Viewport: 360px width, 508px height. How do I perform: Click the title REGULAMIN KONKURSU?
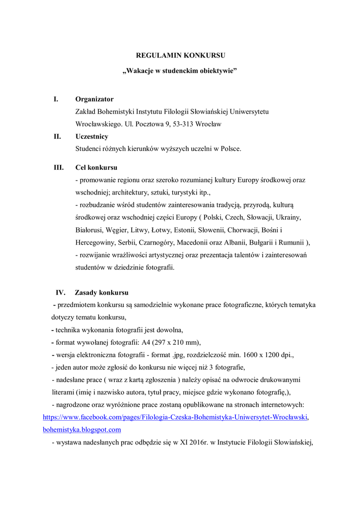pyautogui.click(x=180, y=56)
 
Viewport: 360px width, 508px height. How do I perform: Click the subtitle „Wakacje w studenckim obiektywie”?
pyautogui.click(x=180, y=71)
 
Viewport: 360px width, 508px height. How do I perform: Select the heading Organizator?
pyautogui.click(x=94, y=99)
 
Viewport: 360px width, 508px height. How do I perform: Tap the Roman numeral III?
pyautogui.click(x=59, y=167)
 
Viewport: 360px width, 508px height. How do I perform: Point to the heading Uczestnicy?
pyautogui.click(x=92, y=136)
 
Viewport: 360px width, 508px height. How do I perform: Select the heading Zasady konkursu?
pyautogui.click(x=101, y=292)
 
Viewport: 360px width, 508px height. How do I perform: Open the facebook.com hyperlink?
pyautogui.click(x=175, y=417)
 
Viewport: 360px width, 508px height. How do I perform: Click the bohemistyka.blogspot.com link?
pyautogui.click(x=82, y=430)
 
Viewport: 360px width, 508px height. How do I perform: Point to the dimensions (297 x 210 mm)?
pyautogui.click(x=170, y=342)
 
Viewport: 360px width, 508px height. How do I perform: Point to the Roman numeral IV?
pyautogui.click(x=60, y=292)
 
